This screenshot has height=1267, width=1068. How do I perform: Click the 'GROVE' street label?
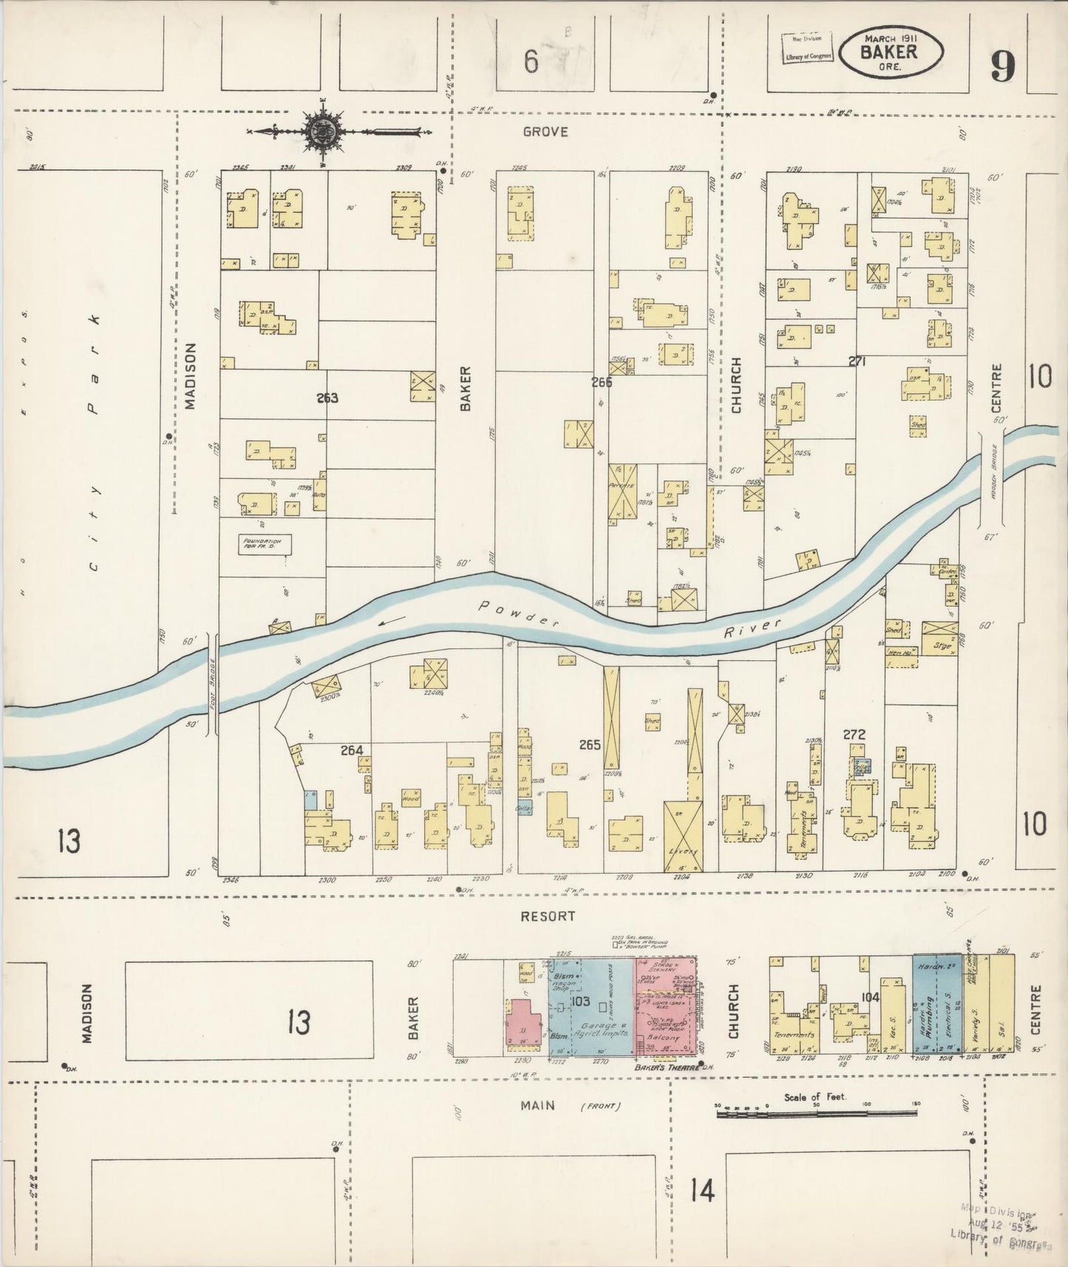coord(545,132)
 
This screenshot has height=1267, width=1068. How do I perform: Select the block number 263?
coord(327,398)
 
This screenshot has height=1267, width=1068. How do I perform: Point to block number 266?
coord(601,382)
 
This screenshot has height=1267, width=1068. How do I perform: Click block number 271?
coord(857,361)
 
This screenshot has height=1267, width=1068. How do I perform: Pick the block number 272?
coord(854,734)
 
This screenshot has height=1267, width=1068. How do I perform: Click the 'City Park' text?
coord(93,444)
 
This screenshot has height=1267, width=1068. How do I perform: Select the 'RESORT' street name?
coord(548,916)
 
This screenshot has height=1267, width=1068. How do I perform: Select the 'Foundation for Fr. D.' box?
coord(265,545)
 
